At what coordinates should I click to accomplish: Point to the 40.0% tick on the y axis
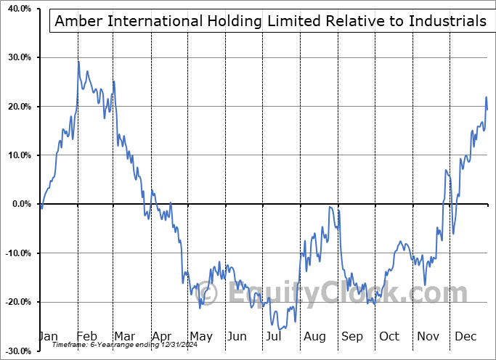pyautogui.click(x=17, y=9)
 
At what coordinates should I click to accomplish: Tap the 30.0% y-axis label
pyautogui.click(x=17, y=57)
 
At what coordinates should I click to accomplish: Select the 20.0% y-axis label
pyautogui.click(x=17, y=107)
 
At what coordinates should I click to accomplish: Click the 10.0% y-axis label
pyautogui.click(x=17, y=155)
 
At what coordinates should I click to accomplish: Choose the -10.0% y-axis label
pyautogui.click(x=15, y=253)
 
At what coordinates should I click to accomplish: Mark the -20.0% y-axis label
pyautogui.click(x=15, y=302)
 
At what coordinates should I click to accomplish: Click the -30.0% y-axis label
pyautogui.click(x=15, y=351)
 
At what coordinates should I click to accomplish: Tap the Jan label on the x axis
pyautogui.click(x=48, y=337)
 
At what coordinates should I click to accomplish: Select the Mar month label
pyautogui.click(x=124, y=337)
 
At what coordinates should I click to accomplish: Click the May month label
pyautogui.click(x=200, y=337)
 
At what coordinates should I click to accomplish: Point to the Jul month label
pyautogui.click(x=273, y=337)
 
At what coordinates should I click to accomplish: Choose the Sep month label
pyautogui.click(x=352, y=337)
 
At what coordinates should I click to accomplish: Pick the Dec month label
pyautogui.click(x=465, y=337)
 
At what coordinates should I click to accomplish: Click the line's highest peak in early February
pyautogui.click(x=78, y=62)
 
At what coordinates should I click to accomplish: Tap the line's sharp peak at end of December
pyautogui.click(x=486, y=97)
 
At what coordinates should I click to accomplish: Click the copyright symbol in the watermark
pyautogui.click(x=209, y=294)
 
